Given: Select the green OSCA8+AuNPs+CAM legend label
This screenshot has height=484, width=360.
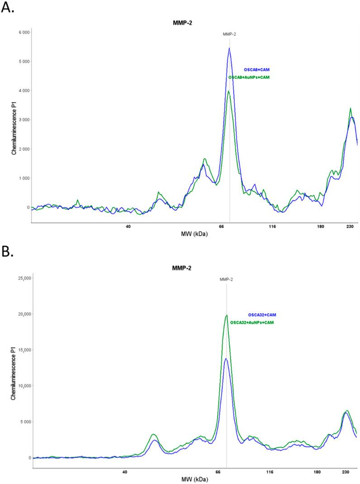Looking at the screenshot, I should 251,78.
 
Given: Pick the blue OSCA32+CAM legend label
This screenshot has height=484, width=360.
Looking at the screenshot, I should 261,315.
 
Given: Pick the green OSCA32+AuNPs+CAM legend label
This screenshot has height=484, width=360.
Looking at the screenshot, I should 252,323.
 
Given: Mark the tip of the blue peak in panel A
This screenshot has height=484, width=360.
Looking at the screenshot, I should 229,48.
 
